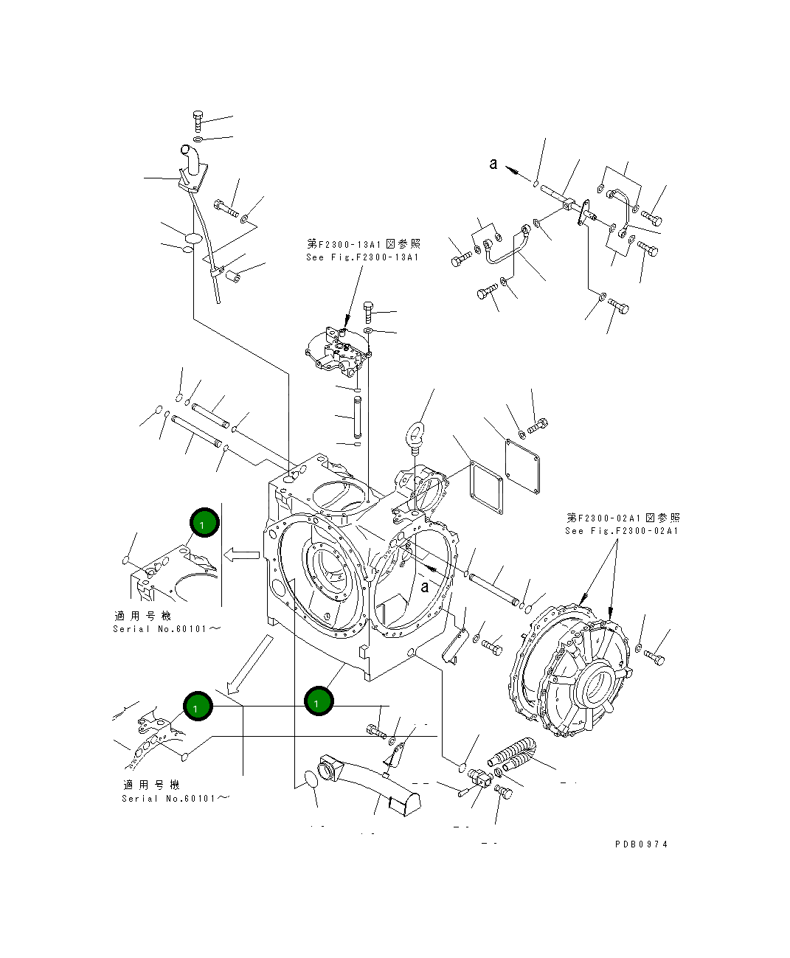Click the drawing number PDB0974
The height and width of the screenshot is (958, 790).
[x=641, y=844]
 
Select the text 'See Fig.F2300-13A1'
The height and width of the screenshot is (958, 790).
[x=362, y=257]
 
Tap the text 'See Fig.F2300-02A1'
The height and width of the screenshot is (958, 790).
[x=622, y=530]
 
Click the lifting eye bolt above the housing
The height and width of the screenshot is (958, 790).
[x=417, y=433]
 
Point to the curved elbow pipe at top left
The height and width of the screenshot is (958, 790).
[x=190, y=159]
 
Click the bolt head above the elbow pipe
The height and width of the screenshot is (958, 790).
[x=198, y=117]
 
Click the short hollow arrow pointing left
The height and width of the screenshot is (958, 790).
[x=241, y=554]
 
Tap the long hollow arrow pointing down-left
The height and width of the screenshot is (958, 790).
[x=249, y=664]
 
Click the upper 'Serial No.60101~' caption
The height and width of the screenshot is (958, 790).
[x=167, y=629]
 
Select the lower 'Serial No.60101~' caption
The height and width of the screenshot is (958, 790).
[x=176, y=799]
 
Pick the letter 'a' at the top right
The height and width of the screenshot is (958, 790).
[x=493, y=164]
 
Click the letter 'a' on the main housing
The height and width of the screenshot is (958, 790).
[x=425, y=587]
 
